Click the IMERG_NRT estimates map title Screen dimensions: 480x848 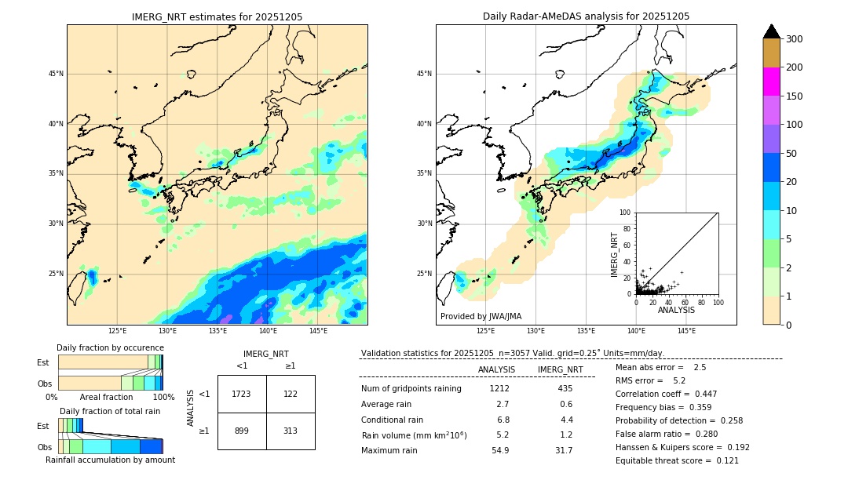(217, 16)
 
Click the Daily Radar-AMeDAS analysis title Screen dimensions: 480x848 (586, 16)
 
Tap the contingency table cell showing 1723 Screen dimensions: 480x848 (242, 394)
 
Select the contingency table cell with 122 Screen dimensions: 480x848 (291, 394)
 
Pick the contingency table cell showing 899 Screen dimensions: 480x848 (242, 431)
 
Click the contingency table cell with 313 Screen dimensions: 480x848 (291, 431)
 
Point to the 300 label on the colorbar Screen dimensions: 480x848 (795, 39)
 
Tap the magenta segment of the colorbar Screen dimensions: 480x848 (771, 82)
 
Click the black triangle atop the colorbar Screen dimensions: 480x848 (771, 31)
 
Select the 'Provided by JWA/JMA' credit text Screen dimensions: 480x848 (481, 316)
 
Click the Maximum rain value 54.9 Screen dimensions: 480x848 (500, 450)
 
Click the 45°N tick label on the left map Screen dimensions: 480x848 (55, 74)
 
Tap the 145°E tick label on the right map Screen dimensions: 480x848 (686, 331)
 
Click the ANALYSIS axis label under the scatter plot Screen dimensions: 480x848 (676, 310)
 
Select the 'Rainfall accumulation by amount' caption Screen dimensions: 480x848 (110, 460)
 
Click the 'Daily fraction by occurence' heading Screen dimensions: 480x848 (110, 347)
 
